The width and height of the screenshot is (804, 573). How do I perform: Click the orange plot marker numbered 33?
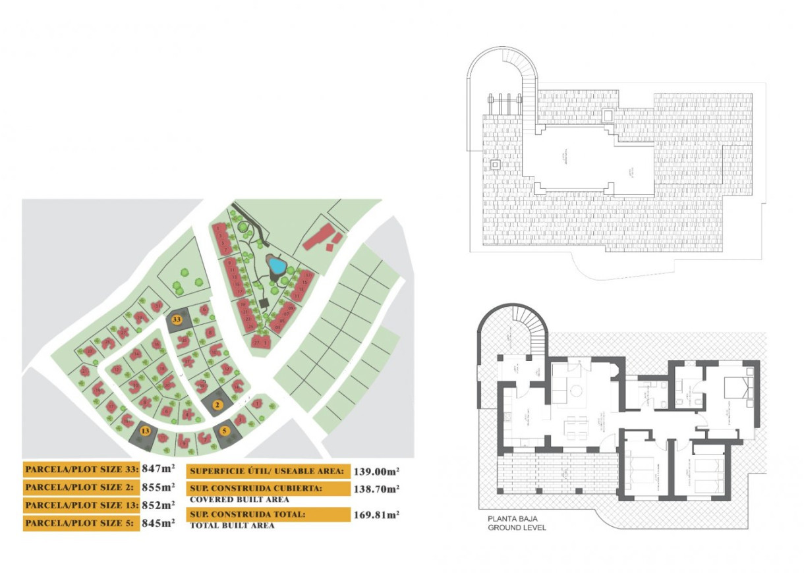point(176,319)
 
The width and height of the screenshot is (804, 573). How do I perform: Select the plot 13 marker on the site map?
point(146,431)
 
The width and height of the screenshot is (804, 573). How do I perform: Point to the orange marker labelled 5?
point(225,432)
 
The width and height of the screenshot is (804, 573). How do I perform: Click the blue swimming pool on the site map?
point(277,266)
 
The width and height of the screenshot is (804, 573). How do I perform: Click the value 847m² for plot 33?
point(158,470)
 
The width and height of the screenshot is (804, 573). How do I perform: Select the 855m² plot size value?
point(158,487)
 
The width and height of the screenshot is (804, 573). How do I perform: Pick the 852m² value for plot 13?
point(158,505)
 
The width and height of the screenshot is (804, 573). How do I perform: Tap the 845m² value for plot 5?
point(158,524)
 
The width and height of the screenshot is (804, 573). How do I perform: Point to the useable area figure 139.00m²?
point(377,472)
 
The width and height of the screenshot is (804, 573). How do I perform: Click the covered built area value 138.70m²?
point(377,489)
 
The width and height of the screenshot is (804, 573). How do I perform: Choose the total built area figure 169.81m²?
point(377,515)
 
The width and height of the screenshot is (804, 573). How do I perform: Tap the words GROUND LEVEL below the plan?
point(517,528)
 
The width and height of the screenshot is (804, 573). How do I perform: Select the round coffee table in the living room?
point(576,391)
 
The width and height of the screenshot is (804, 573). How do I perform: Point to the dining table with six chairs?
point(575,427)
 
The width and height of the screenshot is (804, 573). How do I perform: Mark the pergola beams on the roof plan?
point(505,103)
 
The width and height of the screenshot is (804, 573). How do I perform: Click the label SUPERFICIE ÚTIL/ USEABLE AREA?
point(267,472)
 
